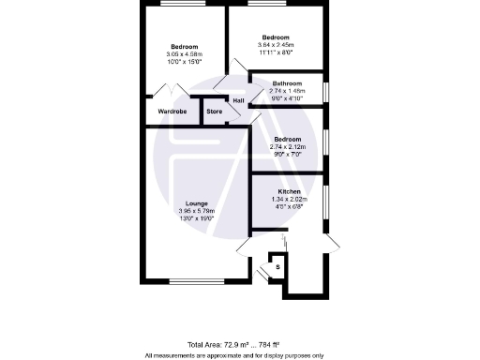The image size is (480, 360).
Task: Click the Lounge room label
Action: coord(196,203)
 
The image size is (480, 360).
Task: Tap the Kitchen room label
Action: coord(289,191)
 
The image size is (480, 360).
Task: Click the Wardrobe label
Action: coord(172,112)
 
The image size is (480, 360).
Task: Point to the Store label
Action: coord(215,112)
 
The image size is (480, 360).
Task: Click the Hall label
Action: coord(238,101)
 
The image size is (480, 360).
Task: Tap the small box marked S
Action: coord(277,268)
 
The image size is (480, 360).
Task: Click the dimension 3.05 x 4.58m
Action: coord(185,53)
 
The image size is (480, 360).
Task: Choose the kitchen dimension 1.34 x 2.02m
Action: coord(289,199)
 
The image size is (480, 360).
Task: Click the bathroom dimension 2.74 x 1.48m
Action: coord(288,91)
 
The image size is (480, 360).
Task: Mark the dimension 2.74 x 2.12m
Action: coord(288,146)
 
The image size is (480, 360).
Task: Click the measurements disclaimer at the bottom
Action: coord(233,355)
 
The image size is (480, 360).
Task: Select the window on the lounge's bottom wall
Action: coord(196,280)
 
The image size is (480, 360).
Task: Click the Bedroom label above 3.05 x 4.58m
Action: coord(185,46)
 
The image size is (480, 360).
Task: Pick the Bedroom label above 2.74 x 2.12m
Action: coord(288,139)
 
